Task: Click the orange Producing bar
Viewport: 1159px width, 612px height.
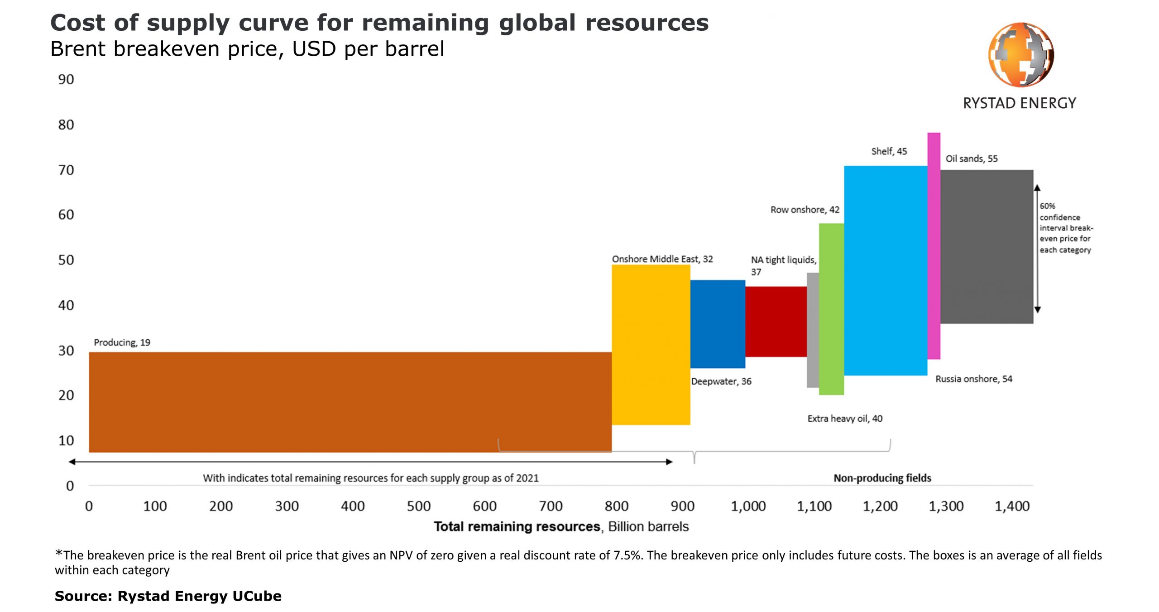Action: (x=350, y=402)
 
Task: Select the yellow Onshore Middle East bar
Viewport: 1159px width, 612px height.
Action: (x=651, y=344)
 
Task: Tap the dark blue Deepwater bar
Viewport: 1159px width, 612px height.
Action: (x=717, y=324)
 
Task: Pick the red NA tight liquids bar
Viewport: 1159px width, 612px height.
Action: (x=776, y=321)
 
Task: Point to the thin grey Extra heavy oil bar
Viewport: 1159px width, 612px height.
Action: (x=813, y=330)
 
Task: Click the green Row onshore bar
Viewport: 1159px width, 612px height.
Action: (x=831, y=309)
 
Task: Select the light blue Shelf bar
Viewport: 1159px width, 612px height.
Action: (x=885, y=270)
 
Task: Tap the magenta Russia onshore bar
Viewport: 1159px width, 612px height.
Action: (x=934, y=246)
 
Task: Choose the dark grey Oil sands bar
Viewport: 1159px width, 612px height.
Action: (x=987, y=246)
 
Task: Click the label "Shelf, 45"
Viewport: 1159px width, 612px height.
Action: (x=889, y=151)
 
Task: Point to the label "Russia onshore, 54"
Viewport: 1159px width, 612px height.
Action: (x=973, y=379)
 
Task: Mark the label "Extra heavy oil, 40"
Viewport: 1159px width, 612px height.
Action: (x=844, y=419)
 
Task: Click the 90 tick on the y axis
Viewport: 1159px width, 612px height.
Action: (x=66, y=79)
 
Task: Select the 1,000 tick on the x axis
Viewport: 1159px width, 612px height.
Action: (x=748, y=506)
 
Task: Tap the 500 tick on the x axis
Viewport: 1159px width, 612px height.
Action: (x=418, y=506)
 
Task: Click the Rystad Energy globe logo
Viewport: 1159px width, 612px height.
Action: (x=1020, y=55)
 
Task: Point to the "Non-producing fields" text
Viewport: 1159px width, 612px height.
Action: (x=882, y=478)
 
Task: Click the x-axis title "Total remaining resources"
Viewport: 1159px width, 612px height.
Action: (x=517, y=526)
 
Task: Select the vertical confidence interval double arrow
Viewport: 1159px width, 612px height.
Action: (x=1037, y=248)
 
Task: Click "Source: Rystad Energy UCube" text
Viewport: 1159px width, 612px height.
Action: (x=168, y=596)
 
